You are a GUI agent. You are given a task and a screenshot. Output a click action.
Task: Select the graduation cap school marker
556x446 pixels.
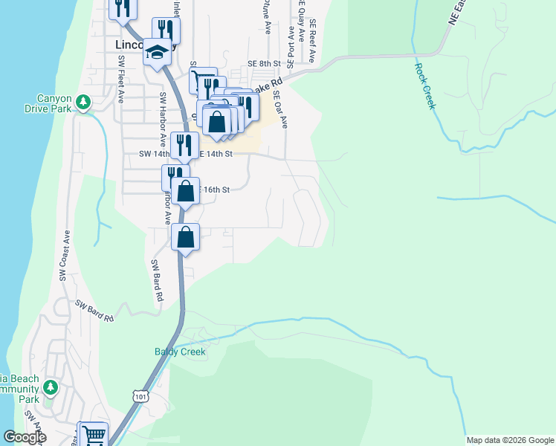tap(157, 52)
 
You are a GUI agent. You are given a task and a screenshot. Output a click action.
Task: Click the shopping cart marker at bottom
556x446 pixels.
tap(94, 435)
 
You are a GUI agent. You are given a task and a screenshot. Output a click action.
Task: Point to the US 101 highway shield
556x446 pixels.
tap(140, 397)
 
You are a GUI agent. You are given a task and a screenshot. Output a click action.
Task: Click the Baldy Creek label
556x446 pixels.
tap(179, 352)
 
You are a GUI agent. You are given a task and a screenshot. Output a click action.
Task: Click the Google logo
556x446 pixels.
tap(25, 437)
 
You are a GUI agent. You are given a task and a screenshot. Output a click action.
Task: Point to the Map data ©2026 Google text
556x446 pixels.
tap(509, 440)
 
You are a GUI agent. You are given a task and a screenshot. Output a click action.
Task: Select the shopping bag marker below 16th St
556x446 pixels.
tap(185, 238)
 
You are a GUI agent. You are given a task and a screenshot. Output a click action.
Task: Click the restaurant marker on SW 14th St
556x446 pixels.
tap(179, 144)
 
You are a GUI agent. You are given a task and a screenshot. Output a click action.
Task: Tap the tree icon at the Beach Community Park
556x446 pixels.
tap(50, 387)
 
